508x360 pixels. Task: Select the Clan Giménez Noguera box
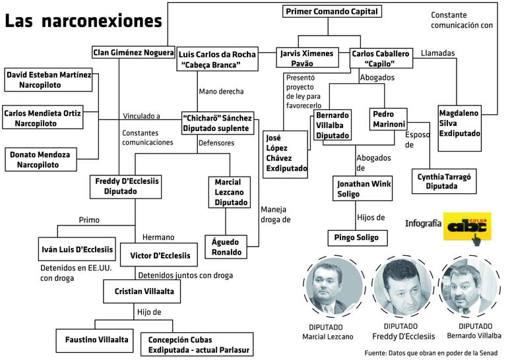pos(133,52)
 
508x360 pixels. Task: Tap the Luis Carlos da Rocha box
pos(217,59)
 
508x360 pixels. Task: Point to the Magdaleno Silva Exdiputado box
pos(460,123)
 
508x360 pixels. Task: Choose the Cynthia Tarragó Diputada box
pos(444,181)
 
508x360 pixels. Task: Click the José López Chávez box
pos(286,154)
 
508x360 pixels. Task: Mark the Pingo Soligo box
pos(357,237)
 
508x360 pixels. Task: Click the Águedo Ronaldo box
pos(226,247)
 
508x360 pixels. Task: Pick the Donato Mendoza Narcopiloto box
pos(42,159)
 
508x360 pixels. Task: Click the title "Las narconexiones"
pos(83,21)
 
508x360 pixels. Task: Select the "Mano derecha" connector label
pos(221,92)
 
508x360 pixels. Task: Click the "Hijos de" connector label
pos(370,217)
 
